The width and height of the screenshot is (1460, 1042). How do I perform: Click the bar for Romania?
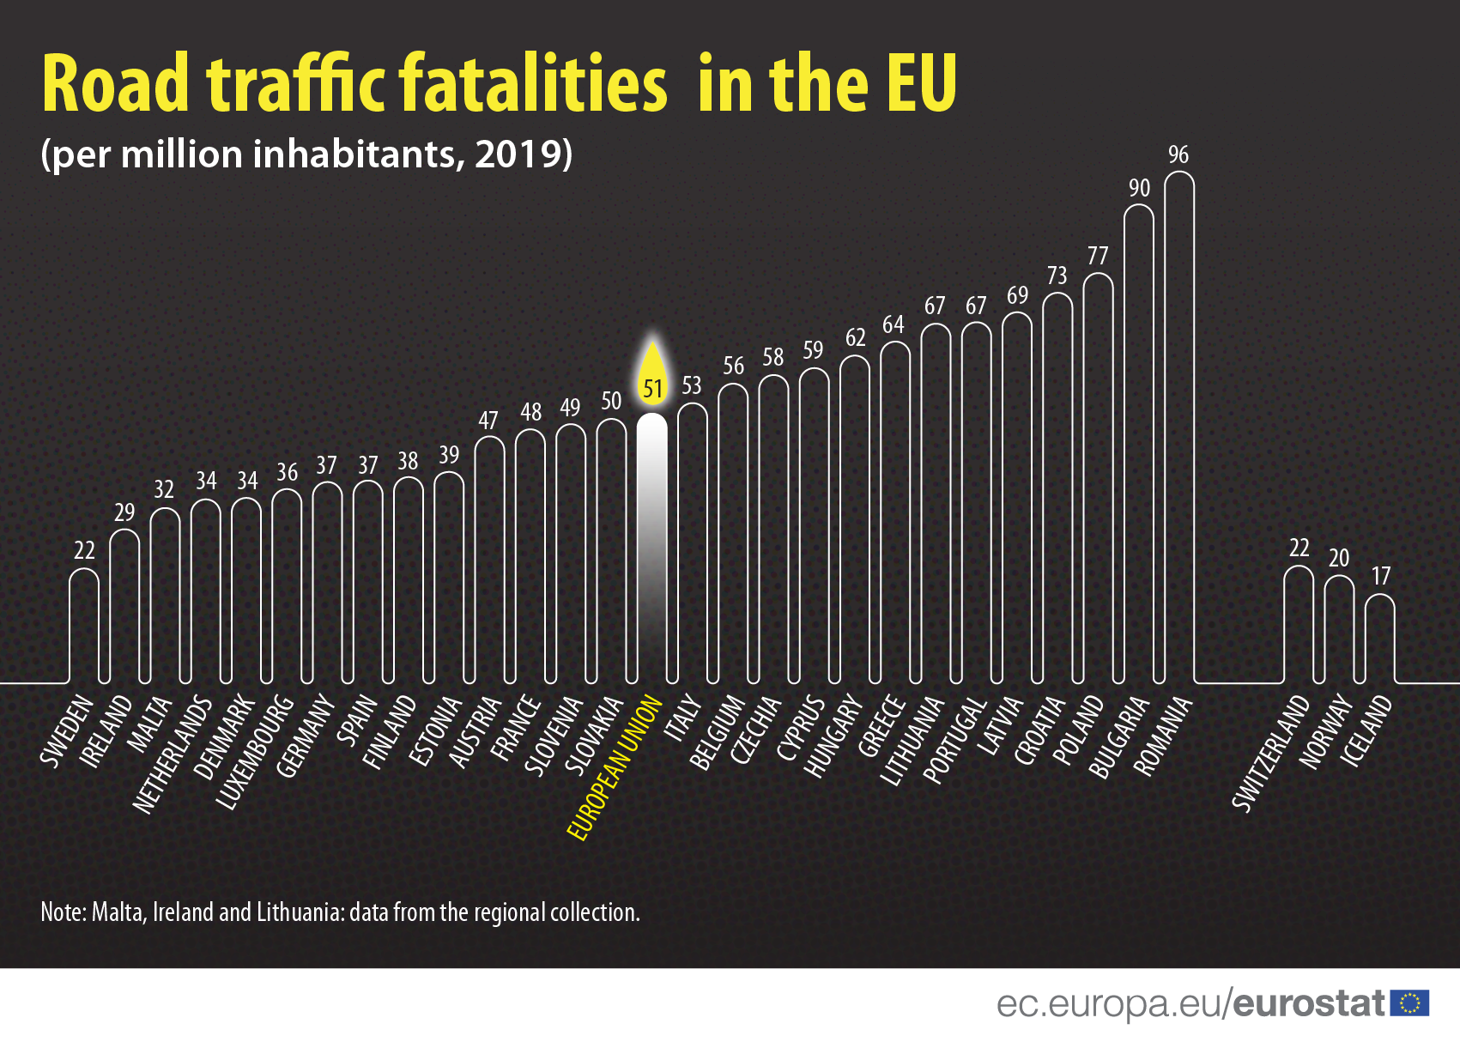(1179, 429)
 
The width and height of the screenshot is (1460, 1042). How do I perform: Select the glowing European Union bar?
(652, 549)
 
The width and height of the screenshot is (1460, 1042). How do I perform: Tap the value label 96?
(1178, 154)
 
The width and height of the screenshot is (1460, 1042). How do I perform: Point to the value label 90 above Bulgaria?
(1139, 188)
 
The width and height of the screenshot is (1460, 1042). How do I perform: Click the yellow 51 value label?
(653, 390)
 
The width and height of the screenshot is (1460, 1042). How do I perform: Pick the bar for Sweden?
(84, 627)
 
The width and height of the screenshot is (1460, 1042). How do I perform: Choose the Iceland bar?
(1379, 639)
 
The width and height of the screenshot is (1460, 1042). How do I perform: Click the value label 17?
(1380, 576)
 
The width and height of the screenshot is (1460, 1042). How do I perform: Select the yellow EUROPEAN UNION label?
(615, 768)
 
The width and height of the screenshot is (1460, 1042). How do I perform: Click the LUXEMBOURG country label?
(255, 752)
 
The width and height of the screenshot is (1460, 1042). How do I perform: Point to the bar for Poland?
(1099, 481)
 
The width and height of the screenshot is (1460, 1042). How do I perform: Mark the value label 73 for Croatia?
(1057, 276)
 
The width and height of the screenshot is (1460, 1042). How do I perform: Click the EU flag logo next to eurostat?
(1409, 1003)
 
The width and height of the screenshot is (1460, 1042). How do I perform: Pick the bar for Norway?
(1339, 631)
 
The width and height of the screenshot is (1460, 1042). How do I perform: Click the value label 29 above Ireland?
(124, 512)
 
